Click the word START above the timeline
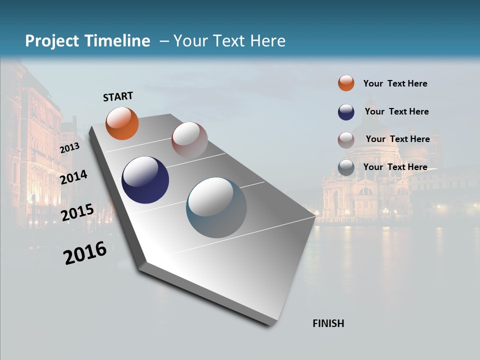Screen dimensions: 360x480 click(x=118, y=96)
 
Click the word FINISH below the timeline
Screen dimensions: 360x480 click(x=328, y=323)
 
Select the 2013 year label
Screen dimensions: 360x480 click(x=69, y=148)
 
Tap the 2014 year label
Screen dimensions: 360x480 click(x=73, y=177)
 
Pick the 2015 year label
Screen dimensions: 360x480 click(x=77, y=212)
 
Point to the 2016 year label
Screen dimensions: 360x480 click(x=85, y=253)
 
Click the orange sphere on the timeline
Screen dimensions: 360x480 click(x=122, y=123)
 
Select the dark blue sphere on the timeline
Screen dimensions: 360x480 click(x=145, y=180)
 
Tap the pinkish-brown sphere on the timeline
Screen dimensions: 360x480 click(x=189, y=140)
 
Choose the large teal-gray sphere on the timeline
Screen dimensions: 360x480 click(x=216, y=207)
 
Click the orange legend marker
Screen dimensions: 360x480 click(x=346, y=83)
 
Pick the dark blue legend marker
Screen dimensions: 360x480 click(x=346, y=111)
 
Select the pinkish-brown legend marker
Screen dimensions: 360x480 click(x=346, y=140)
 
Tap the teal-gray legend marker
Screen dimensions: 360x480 click(x=346, y=167)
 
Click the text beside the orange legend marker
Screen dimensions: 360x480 click(x=395, y=83)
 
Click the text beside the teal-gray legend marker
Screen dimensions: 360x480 click(x=395, y=167)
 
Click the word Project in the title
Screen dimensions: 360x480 click(x=52, y=41)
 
